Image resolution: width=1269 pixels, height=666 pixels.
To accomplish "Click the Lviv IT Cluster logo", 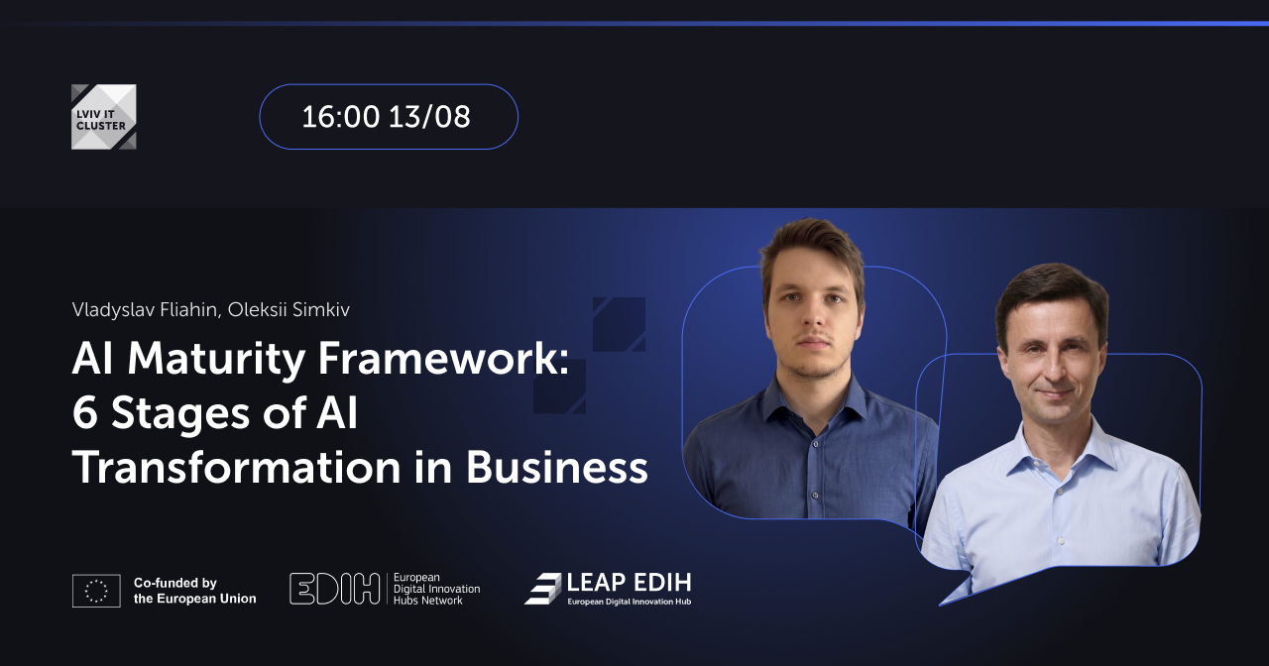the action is (x=104, y=117).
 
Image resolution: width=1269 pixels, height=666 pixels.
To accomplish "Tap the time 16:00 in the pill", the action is (x=340, y=117).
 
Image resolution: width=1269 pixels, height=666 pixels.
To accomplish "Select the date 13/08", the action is (x=429, y=117).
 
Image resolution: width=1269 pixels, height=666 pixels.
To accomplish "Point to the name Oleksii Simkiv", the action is (x=288, y=310).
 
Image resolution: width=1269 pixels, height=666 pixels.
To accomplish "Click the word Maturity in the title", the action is (x=216, y=360).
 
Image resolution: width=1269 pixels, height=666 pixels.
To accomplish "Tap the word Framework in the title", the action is (x=439, y=359).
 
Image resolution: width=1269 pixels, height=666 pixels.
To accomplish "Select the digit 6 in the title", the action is (x=85, y=413).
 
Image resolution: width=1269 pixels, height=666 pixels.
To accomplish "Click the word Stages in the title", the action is (x=180, y=415).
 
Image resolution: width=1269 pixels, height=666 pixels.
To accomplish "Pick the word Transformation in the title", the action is (x=237, y=468).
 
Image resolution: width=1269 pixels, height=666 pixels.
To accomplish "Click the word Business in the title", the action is (x=557, y=468).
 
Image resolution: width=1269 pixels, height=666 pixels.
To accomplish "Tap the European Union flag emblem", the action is (x=96, y=591).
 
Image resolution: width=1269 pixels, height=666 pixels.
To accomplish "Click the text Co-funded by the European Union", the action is (x=194, y=591).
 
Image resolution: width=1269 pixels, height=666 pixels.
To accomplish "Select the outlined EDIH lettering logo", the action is (x=334, y=589).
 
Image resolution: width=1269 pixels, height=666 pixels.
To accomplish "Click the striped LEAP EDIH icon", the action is (x=542, y=589).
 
